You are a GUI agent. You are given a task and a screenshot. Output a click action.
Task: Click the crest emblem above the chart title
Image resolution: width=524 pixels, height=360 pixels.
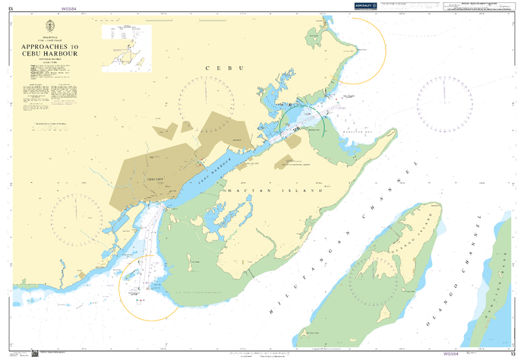(50, 24)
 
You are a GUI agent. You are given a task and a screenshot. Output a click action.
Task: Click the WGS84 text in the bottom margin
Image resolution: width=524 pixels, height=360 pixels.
(451, 353)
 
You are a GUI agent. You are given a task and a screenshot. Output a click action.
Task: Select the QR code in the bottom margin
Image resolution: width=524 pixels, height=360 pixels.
(34, 352)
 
